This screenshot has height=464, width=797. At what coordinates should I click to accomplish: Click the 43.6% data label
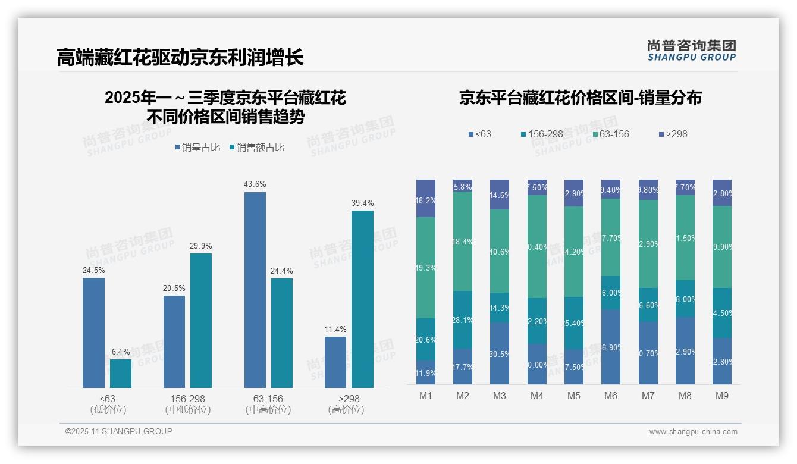coord(255,184)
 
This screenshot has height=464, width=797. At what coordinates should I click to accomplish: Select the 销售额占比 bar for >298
coord(362,299)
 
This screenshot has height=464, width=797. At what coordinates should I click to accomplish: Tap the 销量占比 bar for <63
coord(93,333)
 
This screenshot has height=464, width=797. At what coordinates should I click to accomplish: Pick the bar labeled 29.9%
coord(201,321)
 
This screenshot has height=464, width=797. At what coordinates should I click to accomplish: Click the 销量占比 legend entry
coord(200,148)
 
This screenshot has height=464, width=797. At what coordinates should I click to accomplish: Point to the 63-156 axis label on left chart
coord(268,399)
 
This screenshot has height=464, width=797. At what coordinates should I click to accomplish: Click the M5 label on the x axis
coord(573,396)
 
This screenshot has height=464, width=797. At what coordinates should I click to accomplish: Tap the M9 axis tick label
coord(722,396)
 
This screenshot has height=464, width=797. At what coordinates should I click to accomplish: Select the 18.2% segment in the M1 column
coord(426,198)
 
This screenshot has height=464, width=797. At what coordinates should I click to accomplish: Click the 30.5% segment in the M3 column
coord(500,353)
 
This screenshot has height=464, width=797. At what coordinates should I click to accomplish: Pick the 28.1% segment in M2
coord(463,320)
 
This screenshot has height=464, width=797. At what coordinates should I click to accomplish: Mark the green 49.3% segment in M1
coord(426,268)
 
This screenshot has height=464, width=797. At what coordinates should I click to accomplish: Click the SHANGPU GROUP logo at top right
coord(691,51)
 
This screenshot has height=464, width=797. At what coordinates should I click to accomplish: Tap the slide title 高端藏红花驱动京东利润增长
coord(180,57)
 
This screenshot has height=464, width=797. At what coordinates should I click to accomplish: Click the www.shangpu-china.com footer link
coord(693,432)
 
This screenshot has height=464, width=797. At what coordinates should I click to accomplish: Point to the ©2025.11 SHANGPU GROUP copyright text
coord(119,431)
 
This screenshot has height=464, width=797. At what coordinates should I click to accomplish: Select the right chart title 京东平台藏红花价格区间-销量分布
coord(580,98)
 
